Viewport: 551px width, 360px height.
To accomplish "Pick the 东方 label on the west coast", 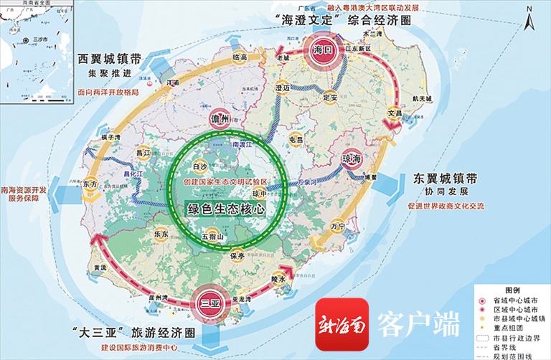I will click(x=90, y=184).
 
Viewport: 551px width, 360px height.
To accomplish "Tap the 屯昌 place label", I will click(x=296, y=139).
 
